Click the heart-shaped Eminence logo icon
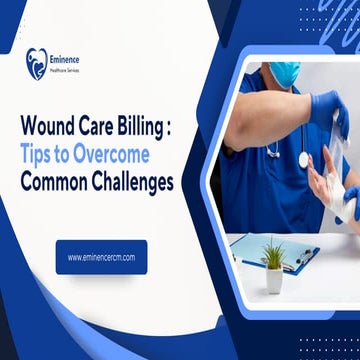(x=37, y=65)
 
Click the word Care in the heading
(x=105, y=128)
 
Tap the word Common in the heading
(x=58, y=183)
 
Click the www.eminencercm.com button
(x=100, y=257)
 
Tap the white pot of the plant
(x=273, y=280)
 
